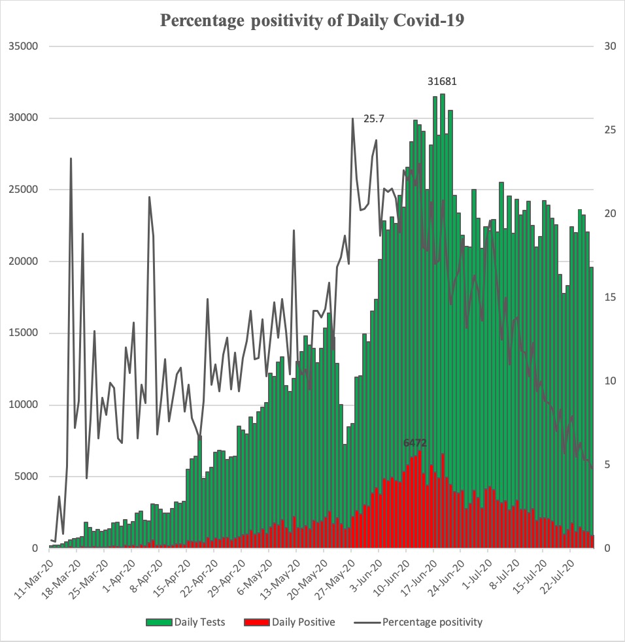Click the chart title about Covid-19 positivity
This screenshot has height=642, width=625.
pos(312,20)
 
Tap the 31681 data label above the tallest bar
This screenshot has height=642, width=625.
pos(442,82)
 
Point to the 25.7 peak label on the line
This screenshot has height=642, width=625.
pos(374,119)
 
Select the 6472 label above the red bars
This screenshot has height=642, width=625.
pos(415,443)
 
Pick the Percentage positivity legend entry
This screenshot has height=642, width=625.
pos(425,622)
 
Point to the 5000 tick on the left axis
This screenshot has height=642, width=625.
pos(28,477)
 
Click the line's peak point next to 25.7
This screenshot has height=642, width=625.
pos(352,119)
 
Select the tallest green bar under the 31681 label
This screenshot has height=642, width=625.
pos(443,327)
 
